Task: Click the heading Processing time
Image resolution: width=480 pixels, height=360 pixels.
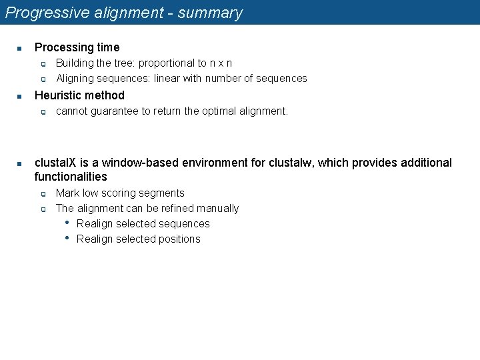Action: (x=77, y=47)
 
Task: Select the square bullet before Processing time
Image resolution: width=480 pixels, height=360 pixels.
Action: (x=20, y=48)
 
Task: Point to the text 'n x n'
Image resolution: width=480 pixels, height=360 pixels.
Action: (x=220, y=63)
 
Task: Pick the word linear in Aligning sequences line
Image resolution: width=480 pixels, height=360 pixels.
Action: (x=168, y=78)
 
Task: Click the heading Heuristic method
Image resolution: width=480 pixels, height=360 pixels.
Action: (x=79, y=95)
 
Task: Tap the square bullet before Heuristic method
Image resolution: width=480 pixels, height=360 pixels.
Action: (x=20, y=96)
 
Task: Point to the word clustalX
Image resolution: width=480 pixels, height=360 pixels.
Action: (x=56, y=163)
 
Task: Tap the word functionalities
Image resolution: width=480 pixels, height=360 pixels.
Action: (x=71, y=177)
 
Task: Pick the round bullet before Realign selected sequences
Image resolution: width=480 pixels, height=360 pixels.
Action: (x=68, y=223)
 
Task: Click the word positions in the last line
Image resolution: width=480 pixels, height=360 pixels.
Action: (x=178, y=239)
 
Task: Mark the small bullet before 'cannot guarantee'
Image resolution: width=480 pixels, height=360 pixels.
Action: (x=42, y=112)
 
